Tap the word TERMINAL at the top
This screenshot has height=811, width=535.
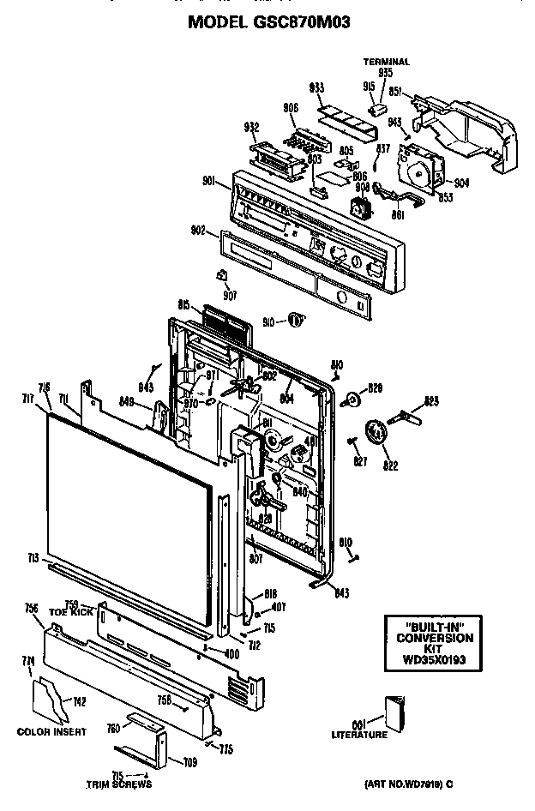click(x=386, y=62)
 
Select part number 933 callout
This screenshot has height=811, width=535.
click(x=316, y=88)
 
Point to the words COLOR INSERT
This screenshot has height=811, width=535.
click(x=51, y=732)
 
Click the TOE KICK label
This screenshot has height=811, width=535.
click(x=76, y=612)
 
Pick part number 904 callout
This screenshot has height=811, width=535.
click(x=461, y=183)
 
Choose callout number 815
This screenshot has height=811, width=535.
click(x=183, y=305)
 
